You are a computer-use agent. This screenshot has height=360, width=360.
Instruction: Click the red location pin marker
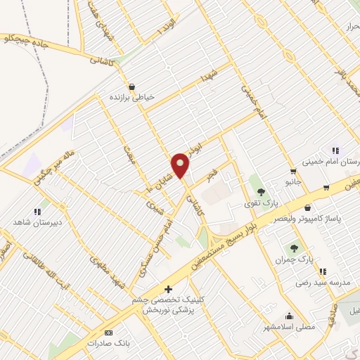[x=181, y=165]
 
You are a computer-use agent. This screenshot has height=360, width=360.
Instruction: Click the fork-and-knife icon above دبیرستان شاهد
[x=37, y=210]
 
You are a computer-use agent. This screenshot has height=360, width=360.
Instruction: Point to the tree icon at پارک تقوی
[x=261, y=191]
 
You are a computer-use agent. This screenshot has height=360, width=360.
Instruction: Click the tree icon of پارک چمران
[x=295, y=247]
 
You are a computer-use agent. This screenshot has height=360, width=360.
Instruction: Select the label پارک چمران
[x=295, y=259]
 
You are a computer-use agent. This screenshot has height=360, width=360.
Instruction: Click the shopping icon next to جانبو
[x=292, y=171]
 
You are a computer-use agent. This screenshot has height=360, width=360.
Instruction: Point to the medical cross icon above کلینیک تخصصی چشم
[x=167, y=289]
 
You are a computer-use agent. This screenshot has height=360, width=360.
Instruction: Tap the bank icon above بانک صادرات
[x=108, y=333]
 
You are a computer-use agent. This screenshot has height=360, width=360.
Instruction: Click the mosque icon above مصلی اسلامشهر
[x=290, y=316]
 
